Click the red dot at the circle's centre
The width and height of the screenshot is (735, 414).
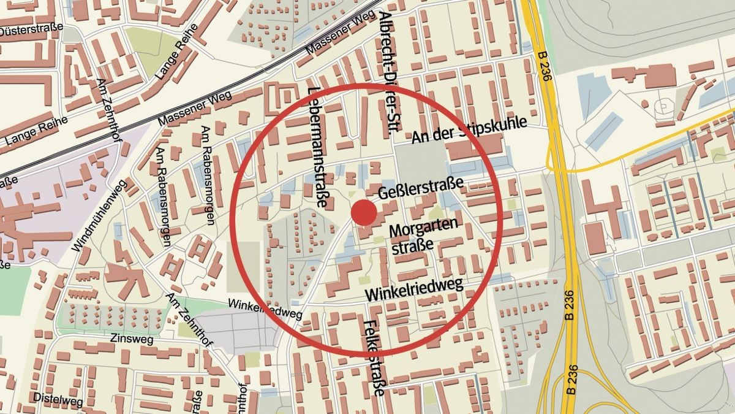coord(364,213)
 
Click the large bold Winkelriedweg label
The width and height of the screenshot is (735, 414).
coord(413,289)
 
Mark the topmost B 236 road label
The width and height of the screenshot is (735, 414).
coord(542,61)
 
